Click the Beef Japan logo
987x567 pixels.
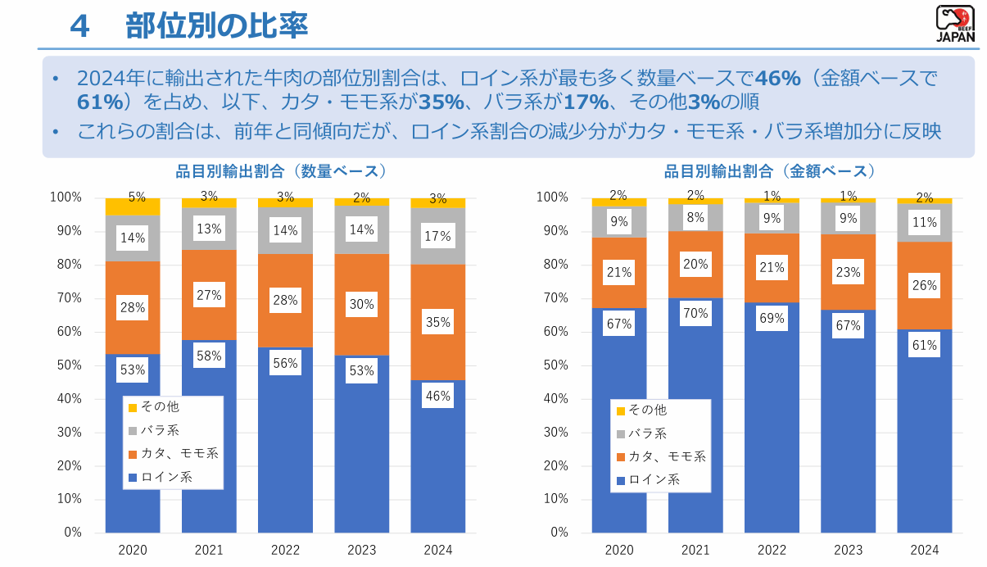point(955,24)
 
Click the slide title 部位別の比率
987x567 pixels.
point(216,26)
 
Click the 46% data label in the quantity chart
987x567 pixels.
point(438,397)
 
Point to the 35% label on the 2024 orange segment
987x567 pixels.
point(438,323)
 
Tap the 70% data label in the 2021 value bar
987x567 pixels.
point(695,312)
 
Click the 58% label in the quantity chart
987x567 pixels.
point(209,356)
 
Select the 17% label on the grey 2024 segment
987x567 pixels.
point(438,237)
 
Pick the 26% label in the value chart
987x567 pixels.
point(925,286)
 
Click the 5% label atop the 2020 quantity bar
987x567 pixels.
point(137,197)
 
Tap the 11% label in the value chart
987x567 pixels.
point(925,222)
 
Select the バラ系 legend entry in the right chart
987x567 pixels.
point(647,433)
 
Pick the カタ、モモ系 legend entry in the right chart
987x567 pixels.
point(666,456)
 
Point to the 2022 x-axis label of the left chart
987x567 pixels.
point(285,550)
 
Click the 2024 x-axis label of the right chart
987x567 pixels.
point(925,550)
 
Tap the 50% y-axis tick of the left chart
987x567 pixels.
point(66,365)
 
